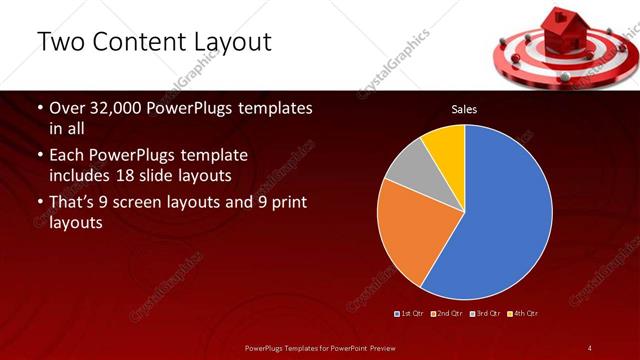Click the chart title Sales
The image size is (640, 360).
[x=463, y=109]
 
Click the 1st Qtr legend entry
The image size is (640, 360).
[x=411, y=314]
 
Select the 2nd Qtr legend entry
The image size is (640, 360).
[x=448, y=314]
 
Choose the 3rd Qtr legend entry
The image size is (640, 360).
[x=486, y=314]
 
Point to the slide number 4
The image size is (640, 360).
[x=590, y=348]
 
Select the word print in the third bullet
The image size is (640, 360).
[x=287, y=203]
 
